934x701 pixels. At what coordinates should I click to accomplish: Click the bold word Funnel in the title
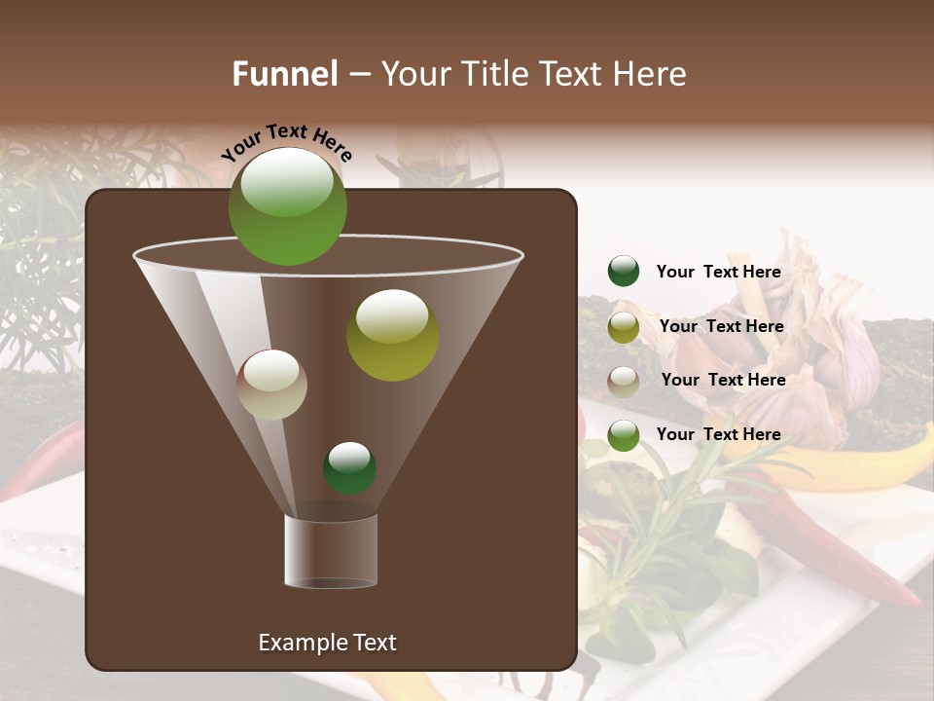point(285,74)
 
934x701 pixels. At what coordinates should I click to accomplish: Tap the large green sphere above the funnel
point(287,205)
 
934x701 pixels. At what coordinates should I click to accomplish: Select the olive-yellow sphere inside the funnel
point(392,334)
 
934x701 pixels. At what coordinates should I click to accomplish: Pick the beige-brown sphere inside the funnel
point(272,384)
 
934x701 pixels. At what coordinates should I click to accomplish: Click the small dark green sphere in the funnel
point(349,467)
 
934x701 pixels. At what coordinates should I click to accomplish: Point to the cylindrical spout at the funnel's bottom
point(331,550)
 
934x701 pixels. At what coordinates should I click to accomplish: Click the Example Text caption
point(327,643)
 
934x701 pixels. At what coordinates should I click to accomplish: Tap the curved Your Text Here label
point(286,143)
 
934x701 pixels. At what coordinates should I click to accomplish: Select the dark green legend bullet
point(623,272)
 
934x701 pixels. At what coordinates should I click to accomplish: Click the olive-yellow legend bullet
point(623,327)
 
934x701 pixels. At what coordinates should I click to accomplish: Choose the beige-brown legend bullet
point(623,381)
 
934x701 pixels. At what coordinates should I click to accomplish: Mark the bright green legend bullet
point(623,435)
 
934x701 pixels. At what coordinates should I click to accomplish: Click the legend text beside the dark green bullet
point(718,272)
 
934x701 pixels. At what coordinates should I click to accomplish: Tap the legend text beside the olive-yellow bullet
point(721,326)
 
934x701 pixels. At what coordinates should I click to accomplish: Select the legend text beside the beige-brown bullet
point(723,380)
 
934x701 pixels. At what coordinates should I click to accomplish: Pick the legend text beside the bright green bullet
point(718,434)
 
